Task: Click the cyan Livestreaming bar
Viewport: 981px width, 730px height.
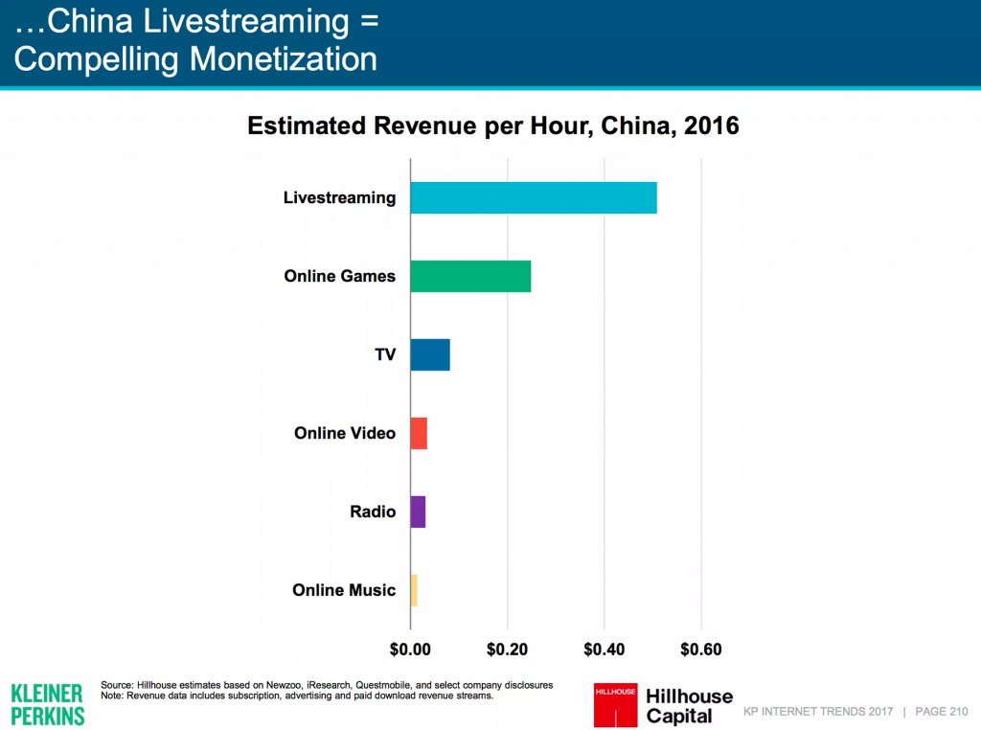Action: [534, 197]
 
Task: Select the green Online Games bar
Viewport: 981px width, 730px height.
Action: [470, 276]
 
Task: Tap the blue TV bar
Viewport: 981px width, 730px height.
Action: [430, 354]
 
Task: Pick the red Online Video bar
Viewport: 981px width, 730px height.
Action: [419, 433]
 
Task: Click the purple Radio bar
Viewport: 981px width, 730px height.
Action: [418, 512]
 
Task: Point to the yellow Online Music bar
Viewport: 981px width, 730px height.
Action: [414, 590]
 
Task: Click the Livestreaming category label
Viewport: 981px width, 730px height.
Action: [339, 198]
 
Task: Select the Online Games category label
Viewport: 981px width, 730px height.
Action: [339, 277]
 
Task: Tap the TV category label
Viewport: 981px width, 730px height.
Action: [385, 355]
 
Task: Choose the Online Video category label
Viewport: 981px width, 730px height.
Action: [345, 434]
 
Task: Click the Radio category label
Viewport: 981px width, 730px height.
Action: [373, 513]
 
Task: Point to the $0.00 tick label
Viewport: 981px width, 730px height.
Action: [410, 650]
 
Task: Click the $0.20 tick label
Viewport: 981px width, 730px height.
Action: [508, 650]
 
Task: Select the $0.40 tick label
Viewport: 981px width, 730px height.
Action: [605, 650]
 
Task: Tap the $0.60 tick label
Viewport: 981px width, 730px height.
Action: [701, 650]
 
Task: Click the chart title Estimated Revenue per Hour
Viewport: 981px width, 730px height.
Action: [493, 126]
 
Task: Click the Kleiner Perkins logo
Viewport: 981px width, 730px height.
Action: [47, 704]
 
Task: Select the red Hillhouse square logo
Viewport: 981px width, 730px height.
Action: [615, 704]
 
